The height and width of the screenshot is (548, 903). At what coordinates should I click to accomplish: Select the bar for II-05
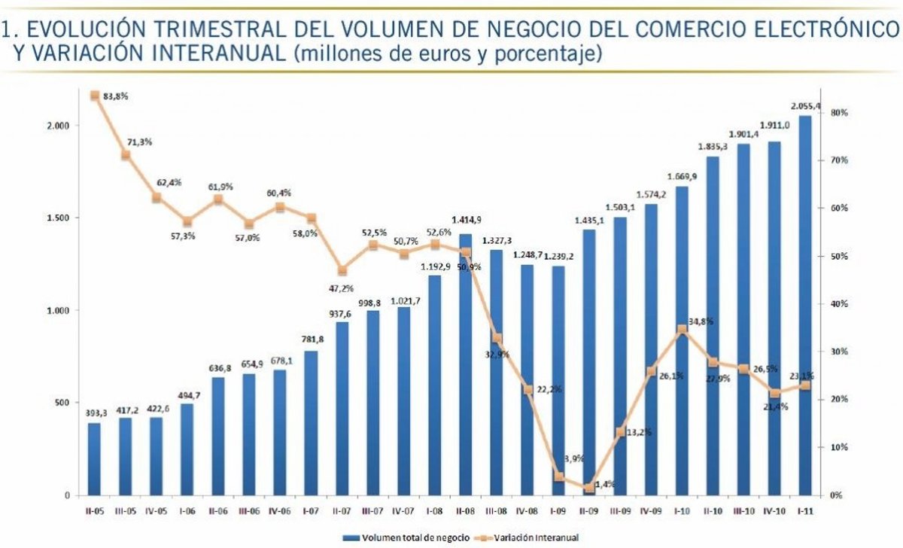[94, 459]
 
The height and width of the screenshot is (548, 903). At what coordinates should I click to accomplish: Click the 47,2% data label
[342, 288]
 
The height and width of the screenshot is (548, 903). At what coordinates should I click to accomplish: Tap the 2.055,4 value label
[806, 106]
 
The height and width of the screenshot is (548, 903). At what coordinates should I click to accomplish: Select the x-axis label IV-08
[528, 510]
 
